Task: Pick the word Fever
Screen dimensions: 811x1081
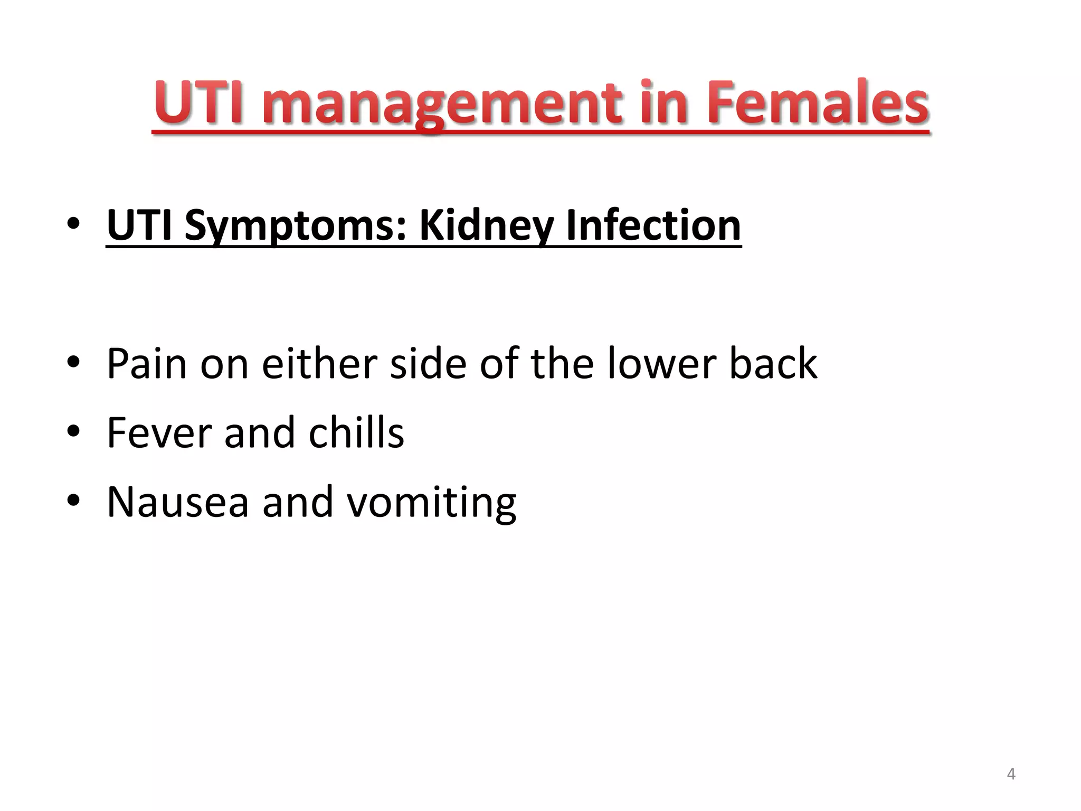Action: click(x=159, y=432)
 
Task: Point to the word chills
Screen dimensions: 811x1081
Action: click(x=356, y=432)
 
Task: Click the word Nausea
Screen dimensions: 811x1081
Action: click(x=177, y=502)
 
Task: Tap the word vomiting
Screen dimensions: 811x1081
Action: click(x=431, y=503)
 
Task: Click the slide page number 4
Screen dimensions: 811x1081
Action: click(x=1011, y=774)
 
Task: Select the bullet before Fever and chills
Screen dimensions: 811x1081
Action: click(x=73, y=431)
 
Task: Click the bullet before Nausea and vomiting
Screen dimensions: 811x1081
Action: click(x=73, y=500)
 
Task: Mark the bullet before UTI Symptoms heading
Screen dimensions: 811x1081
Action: click(x=73, y=224)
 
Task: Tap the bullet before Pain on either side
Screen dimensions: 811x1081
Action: click(x=73, y=362)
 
